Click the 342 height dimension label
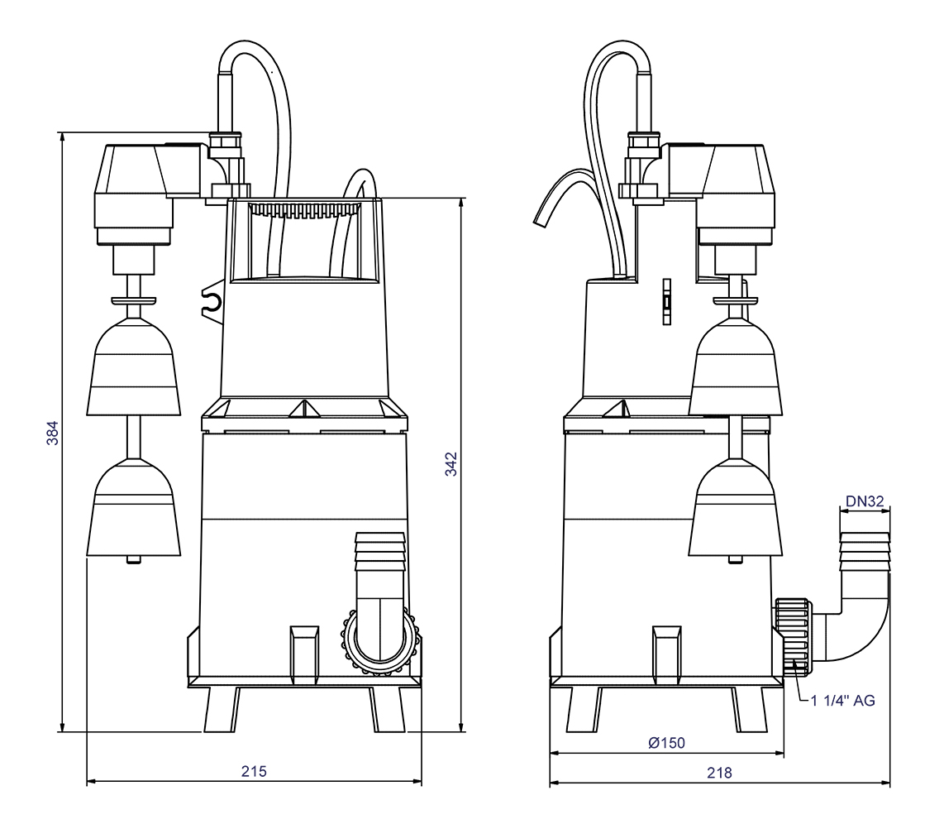coord(451,467)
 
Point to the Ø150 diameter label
coord(665,742)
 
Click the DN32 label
coord(865,500)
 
